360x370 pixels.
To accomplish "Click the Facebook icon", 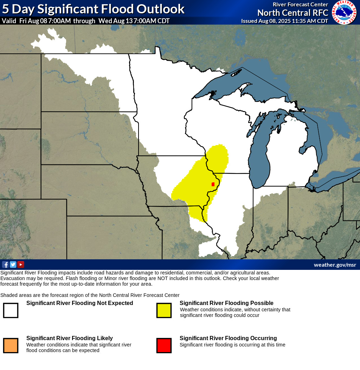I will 5,265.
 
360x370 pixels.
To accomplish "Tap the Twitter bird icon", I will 13,265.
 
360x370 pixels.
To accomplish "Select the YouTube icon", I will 21,265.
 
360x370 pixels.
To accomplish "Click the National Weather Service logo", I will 345,12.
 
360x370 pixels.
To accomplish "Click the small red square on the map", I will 213,184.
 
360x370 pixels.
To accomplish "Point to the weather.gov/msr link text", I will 335,265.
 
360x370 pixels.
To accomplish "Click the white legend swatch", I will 11,310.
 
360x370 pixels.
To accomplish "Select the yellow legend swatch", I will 164,310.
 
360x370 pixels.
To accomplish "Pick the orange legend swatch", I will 11,345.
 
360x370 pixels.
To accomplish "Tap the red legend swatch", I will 164,345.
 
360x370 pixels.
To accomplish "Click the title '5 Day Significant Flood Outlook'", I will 93,9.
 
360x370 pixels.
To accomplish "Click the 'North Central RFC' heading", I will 292,13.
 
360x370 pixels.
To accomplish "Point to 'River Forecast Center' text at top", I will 300,4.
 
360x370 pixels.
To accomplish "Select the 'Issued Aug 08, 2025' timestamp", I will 284,21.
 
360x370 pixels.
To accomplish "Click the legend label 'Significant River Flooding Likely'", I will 70,338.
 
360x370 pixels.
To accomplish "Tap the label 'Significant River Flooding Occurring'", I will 228,338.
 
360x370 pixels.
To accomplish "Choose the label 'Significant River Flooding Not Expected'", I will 80,303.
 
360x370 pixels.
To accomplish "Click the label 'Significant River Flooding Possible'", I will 226,303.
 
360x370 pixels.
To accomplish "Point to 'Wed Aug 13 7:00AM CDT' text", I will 134,21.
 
